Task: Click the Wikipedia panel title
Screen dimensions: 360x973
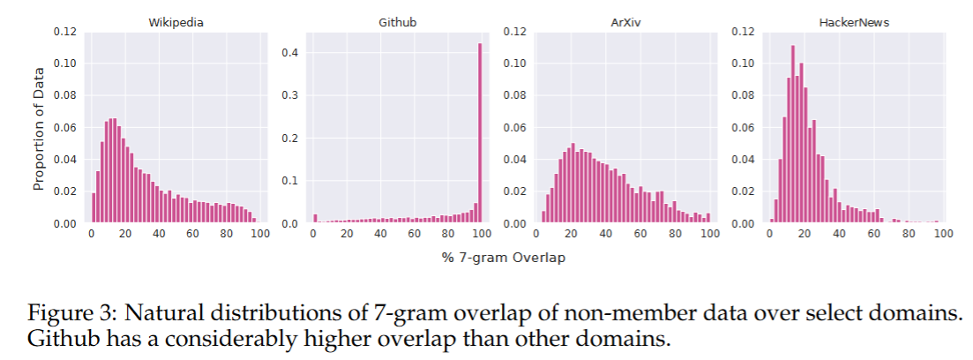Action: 175,22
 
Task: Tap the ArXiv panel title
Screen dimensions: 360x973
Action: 624,22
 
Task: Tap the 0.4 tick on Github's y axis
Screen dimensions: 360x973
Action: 292,53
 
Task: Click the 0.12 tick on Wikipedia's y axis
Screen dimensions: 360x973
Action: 65,32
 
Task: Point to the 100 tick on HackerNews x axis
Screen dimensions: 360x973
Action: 943,234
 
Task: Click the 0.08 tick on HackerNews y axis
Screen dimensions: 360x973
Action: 743,96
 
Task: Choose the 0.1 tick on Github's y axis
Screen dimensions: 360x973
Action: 292,181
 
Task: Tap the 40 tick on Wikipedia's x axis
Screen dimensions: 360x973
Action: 159,234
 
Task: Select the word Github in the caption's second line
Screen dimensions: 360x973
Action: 56,338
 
